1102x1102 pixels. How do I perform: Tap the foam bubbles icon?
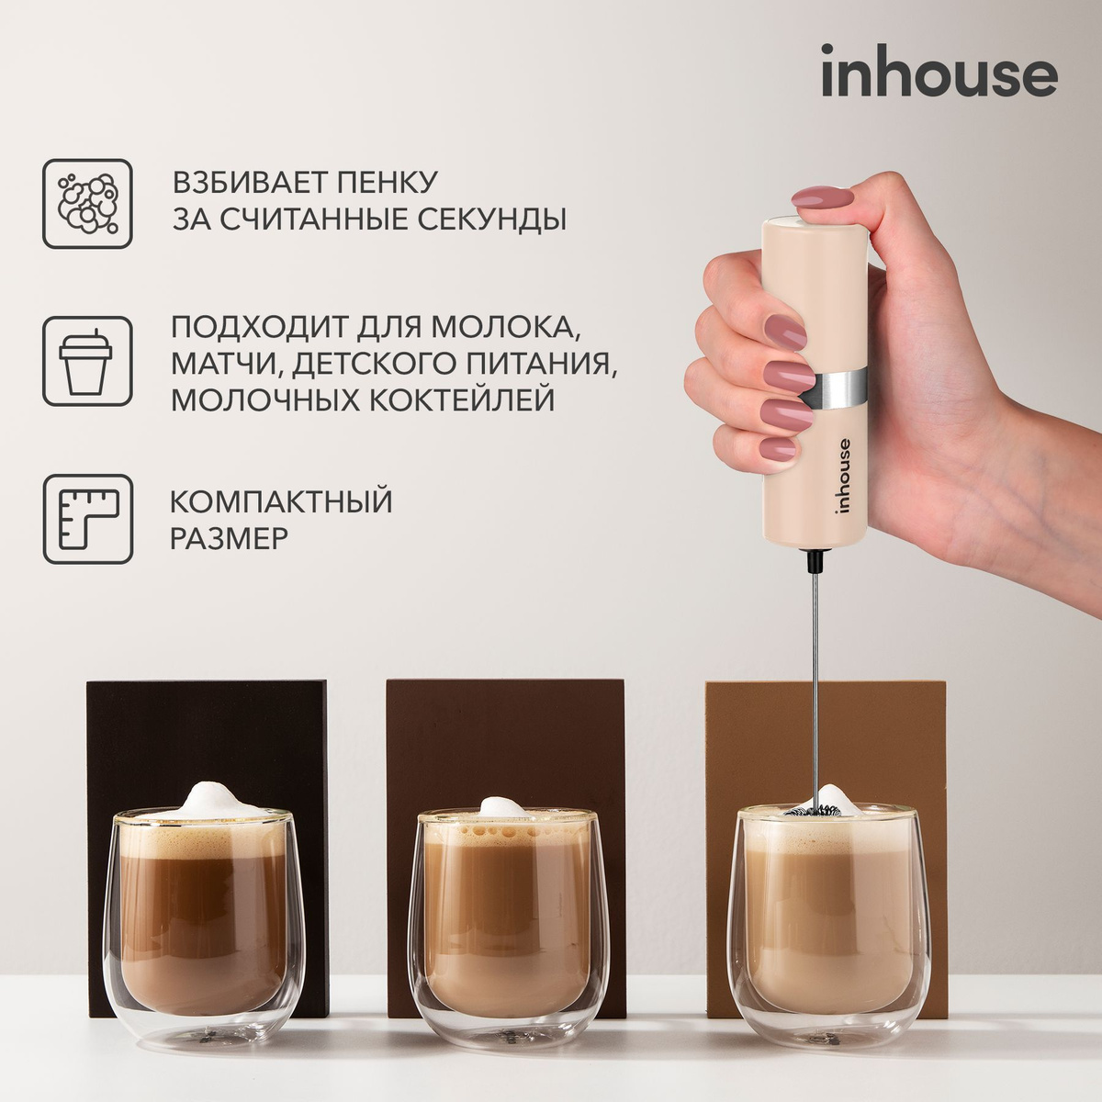88,203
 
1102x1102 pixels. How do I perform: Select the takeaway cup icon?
88,361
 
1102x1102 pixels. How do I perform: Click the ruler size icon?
88,519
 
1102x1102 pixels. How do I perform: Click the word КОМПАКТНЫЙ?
281,501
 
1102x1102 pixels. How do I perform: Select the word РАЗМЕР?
230,538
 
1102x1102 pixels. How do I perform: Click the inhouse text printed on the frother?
843,478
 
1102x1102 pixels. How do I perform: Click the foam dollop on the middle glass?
501,805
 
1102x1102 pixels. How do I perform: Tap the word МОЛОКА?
512,327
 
